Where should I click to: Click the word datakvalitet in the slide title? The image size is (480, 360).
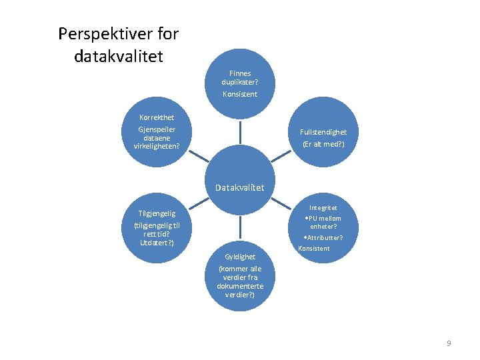118,56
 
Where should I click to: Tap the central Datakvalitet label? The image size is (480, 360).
239,187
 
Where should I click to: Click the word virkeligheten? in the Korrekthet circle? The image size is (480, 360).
152,145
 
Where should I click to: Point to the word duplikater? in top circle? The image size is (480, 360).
239,82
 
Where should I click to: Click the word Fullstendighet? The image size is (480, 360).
324,132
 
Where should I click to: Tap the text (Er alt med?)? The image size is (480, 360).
324,144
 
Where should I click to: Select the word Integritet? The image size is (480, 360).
323,208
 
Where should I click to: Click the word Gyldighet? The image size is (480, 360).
240,256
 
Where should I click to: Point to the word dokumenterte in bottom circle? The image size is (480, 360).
240,286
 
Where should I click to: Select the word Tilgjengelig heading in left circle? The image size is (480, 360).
157,213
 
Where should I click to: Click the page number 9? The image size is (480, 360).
449,343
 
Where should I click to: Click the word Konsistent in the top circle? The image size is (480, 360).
239,94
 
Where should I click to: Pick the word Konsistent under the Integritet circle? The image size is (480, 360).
314,249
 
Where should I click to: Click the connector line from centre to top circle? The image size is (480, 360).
239,133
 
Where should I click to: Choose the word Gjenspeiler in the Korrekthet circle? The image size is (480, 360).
155,129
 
